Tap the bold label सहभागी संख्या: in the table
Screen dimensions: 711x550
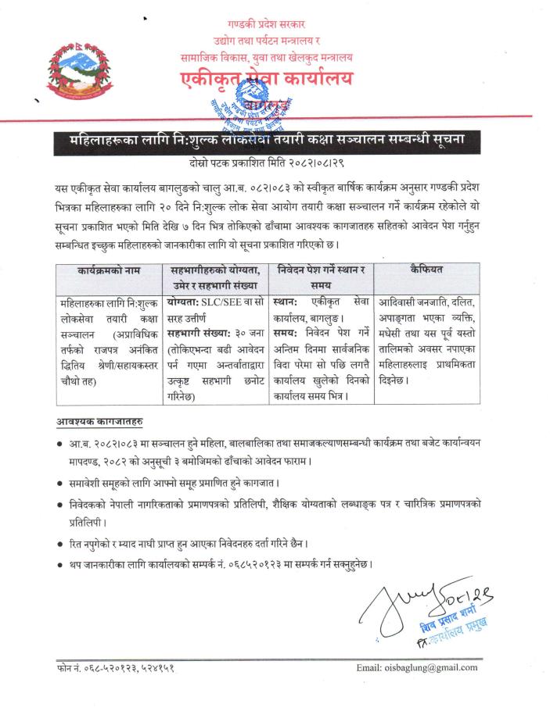coord(196,333)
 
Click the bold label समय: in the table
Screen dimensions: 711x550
coord(289,333)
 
